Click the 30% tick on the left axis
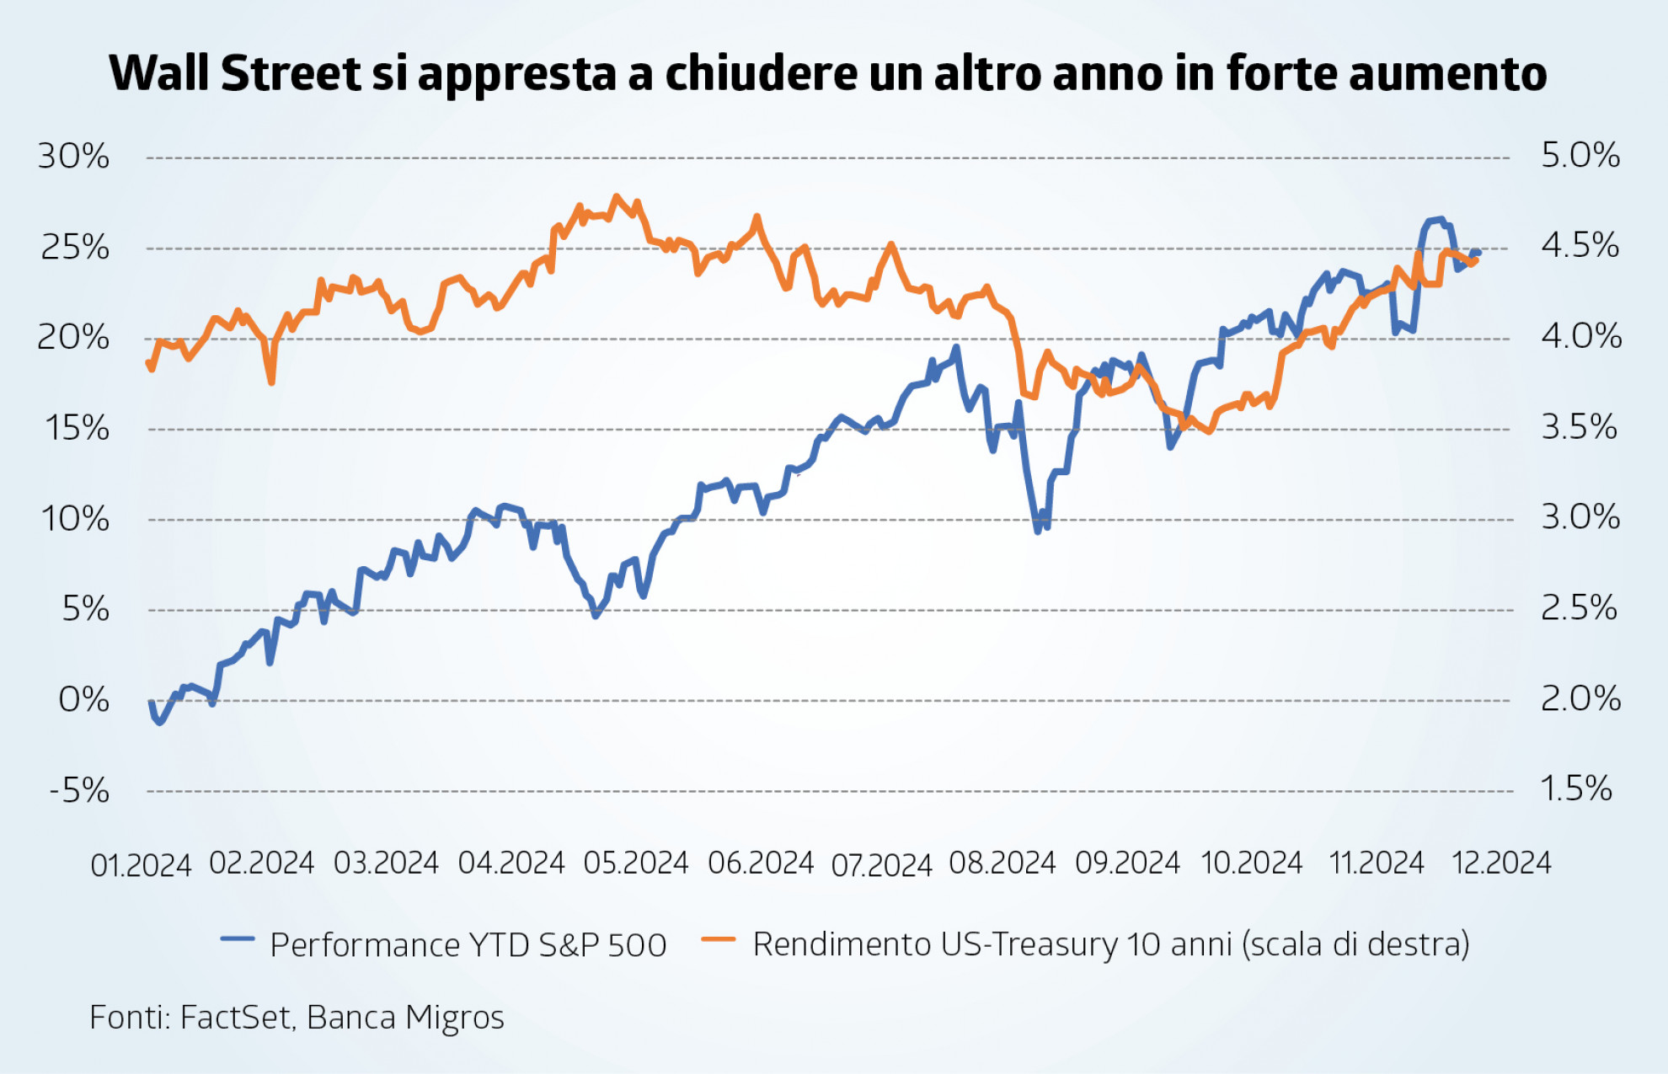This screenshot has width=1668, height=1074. coord(73,157)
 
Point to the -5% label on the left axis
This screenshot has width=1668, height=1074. coord(79,791)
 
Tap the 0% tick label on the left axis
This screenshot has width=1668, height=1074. coord(83,700)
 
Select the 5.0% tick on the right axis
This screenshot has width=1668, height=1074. coord(1580,156)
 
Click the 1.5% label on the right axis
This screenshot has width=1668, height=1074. coord(1575,789)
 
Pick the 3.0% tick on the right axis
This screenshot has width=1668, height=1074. coord(1580,517)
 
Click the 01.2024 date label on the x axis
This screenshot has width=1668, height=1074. coord(141,865)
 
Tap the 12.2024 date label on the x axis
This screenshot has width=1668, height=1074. coord(1500,863)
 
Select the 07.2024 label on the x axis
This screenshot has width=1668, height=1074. coord(881,865)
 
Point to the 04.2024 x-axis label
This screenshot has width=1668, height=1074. coord(511,863)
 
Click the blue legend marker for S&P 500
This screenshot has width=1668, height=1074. coord(238,939)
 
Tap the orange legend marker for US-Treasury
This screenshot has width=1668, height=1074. coord(719,939)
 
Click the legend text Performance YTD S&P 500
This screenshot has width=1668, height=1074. coord(468,945)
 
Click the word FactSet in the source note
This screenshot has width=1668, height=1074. coord(236,1018)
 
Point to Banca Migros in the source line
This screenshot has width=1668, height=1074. coord(405,1018)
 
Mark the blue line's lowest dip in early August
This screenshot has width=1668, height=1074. coord(1038,532)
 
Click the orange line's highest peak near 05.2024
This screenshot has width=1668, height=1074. coord(617,197)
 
